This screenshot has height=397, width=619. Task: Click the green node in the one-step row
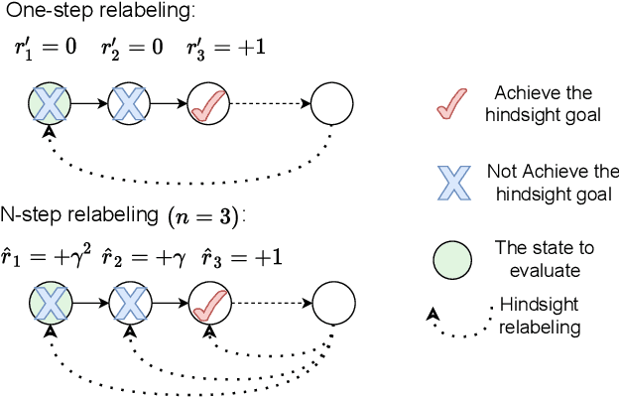pos(46,102)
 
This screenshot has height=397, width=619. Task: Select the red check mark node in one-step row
pos(206,102)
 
